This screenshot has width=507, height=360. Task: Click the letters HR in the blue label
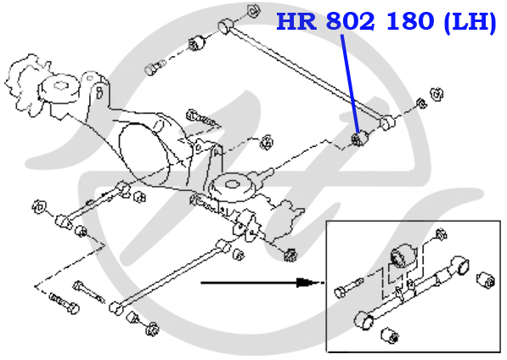296,22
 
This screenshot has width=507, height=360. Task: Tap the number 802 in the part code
351,22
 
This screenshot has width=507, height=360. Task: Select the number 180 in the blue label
410,22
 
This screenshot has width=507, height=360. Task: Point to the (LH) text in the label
470,23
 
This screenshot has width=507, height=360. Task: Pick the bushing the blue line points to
360,138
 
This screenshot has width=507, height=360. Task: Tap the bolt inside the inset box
348,288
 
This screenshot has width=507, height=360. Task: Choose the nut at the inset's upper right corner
441,234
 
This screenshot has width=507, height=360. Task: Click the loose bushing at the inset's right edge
486,279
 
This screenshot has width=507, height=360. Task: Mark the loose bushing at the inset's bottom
389,335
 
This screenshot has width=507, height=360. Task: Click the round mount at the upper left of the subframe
59,88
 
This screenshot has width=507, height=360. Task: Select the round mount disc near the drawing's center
232,188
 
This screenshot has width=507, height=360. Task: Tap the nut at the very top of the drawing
254,11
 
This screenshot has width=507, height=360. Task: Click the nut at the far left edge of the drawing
39,206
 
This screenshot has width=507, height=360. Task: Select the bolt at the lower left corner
64,302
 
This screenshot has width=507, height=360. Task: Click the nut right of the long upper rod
437,93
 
